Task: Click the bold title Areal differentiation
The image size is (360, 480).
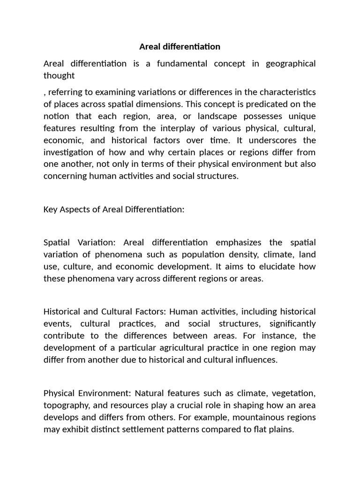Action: pyautogui.click(x=180, y=47)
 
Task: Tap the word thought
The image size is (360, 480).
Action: pyautogui.click(x=59, y=75)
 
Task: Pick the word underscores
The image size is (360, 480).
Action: pyautogui.click(x=268, y=140)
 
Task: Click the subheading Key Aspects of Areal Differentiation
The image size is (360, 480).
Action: pyautogui.click(x=114, y=210)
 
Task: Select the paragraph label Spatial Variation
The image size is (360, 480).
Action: pyautogui.click(x=82, y=242)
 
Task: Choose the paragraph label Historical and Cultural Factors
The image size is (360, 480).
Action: pyautogui.click(x=105, y=312)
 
